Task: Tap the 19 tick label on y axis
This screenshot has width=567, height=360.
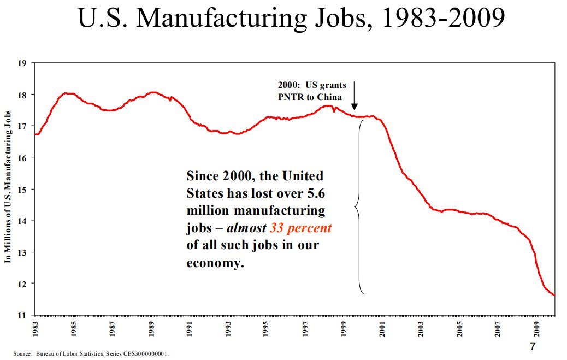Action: (x=22, y=63)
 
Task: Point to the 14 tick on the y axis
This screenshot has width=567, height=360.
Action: (x=22, y=220)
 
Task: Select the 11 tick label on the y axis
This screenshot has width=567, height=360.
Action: (x=22, y=315)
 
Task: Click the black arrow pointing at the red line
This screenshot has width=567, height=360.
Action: (x=354, y=96)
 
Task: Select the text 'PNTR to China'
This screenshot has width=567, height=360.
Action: (x=310, y=97)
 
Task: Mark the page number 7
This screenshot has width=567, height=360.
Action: (x=533, y=347)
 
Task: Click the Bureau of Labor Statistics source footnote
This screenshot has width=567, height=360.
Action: (x=92, y=354)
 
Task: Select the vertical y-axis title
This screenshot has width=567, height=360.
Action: (x=8, y=186)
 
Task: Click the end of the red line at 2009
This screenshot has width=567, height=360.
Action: (x=554, y=296)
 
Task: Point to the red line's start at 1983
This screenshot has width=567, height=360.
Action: (x=36, y=134)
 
